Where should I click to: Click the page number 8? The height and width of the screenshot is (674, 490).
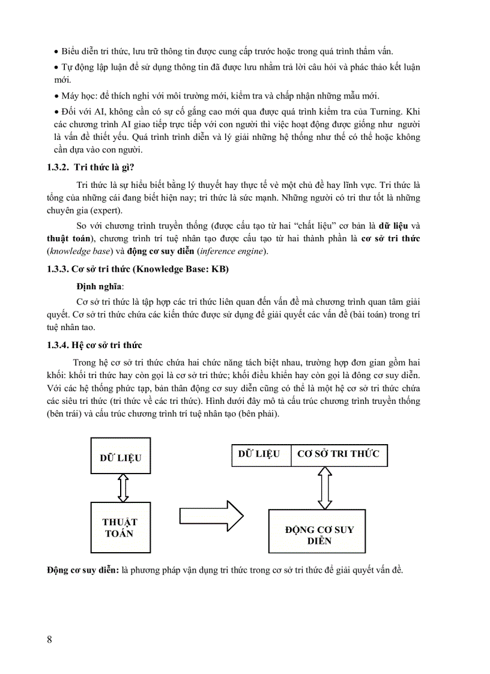(49, 639)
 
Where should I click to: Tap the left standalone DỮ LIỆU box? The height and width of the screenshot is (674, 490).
(120, 458)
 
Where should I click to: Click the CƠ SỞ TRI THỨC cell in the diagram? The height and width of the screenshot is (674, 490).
(339, 454)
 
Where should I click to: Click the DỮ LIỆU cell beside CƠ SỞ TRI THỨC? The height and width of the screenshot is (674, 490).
(259, 454)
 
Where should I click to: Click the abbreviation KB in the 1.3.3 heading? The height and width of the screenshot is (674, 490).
(216, 269)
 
